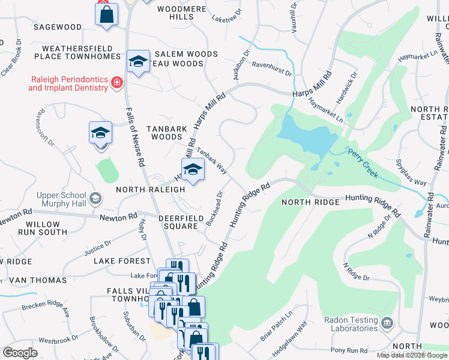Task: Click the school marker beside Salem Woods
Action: [x=138, y=61]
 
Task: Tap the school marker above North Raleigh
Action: [x=193, y=170]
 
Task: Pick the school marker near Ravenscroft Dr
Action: [x=100, y=133]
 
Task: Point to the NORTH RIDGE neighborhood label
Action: [x=311, y=202]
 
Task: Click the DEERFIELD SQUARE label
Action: [x=178, y=221]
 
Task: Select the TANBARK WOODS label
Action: [x=166, y=133]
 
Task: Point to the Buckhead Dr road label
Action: [x=214, y=208]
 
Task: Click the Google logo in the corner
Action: [x=20, y=353]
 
